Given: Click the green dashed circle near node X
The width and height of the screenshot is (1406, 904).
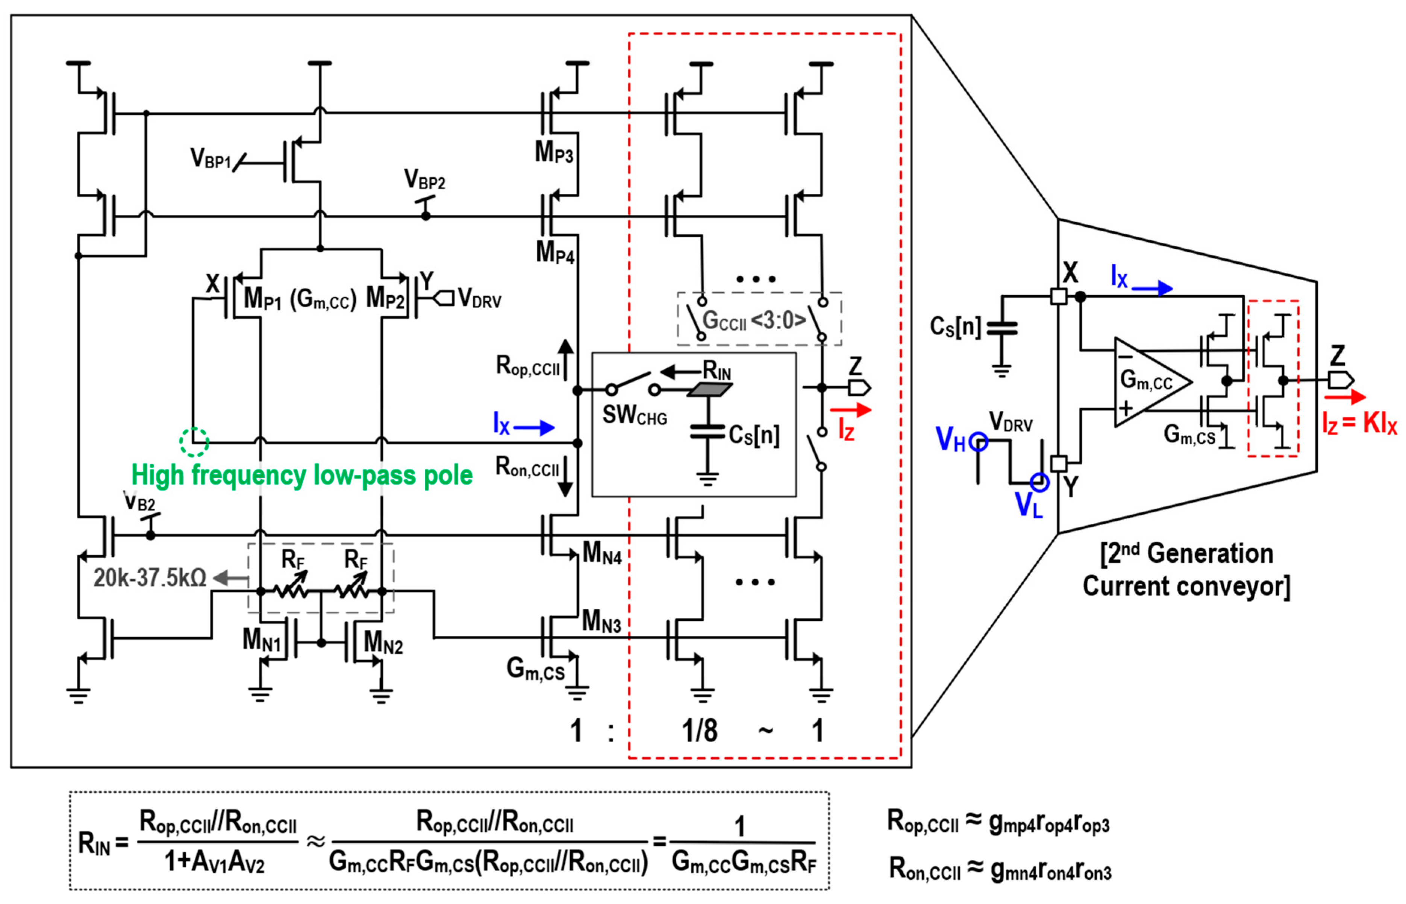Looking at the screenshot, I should [194, 442].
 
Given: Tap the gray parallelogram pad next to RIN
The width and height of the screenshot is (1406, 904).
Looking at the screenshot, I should [709, 390].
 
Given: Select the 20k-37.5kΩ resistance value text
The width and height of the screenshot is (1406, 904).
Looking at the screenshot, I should [150, 578].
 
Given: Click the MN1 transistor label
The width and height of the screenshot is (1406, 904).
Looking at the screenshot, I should [262, 640].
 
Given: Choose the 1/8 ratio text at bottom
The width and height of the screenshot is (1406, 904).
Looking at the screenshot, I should [699, 731].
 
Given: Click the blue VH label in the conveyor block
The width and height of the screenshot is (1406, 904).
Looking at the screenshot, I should [950, 439].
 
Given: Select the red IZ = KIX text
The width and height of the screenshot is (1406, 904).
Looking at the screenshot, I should [1359, 422].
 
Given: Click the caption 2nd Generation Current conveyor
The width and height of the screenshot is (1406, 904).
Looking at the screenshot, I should [1186, 570].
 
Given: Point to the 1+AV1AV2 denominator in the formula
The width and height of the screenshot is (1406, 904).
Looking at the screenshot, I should [214, 862].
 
